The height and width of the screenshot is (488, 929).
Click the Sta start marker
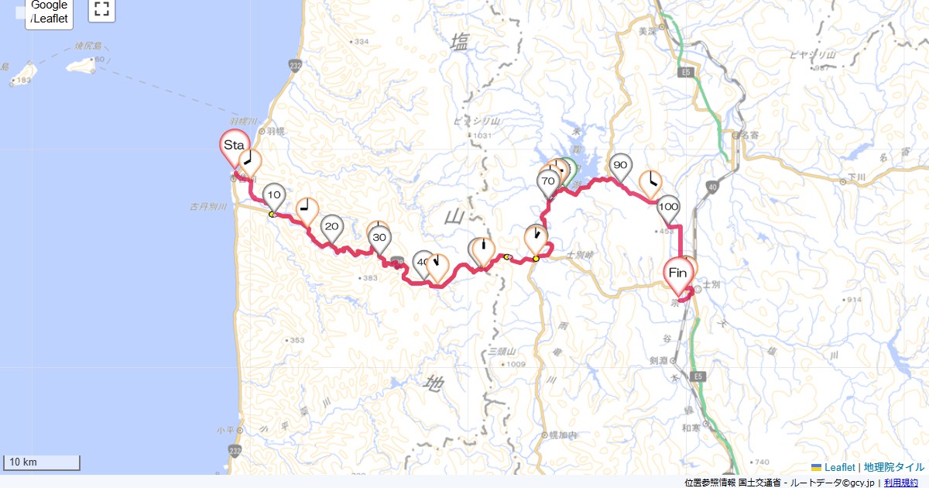coord(235,146)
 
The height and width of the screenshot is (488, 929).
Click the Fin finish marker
coord(677,273)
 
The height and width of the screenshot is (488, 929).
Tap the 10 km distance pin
coord(274,194)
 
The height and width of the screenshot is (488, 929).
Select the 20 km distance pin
coord(332,227)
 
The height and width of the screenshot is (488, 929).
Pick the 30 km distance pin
coord(379,237)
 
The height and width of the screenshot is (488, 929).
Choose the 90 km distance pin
coord(620,166)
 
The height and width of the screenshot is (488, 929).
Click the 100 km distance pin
coord(669,208)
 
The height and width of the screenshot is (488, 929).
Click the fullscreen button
coord(101,9)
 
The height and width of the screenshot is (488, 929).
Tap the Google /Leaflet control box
coord(50,13)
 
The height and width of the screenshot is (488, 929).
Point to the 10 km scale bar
coord(42,462)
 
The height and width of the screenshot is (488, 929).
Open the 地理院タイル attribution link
coord(893,467)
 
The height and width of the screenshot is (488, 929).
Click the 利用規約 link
coord(901,483)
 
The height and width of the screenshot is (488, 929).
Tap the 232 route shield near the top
coord(295,65)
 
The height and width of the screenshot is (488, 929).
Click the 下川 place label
coord(855,180)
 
